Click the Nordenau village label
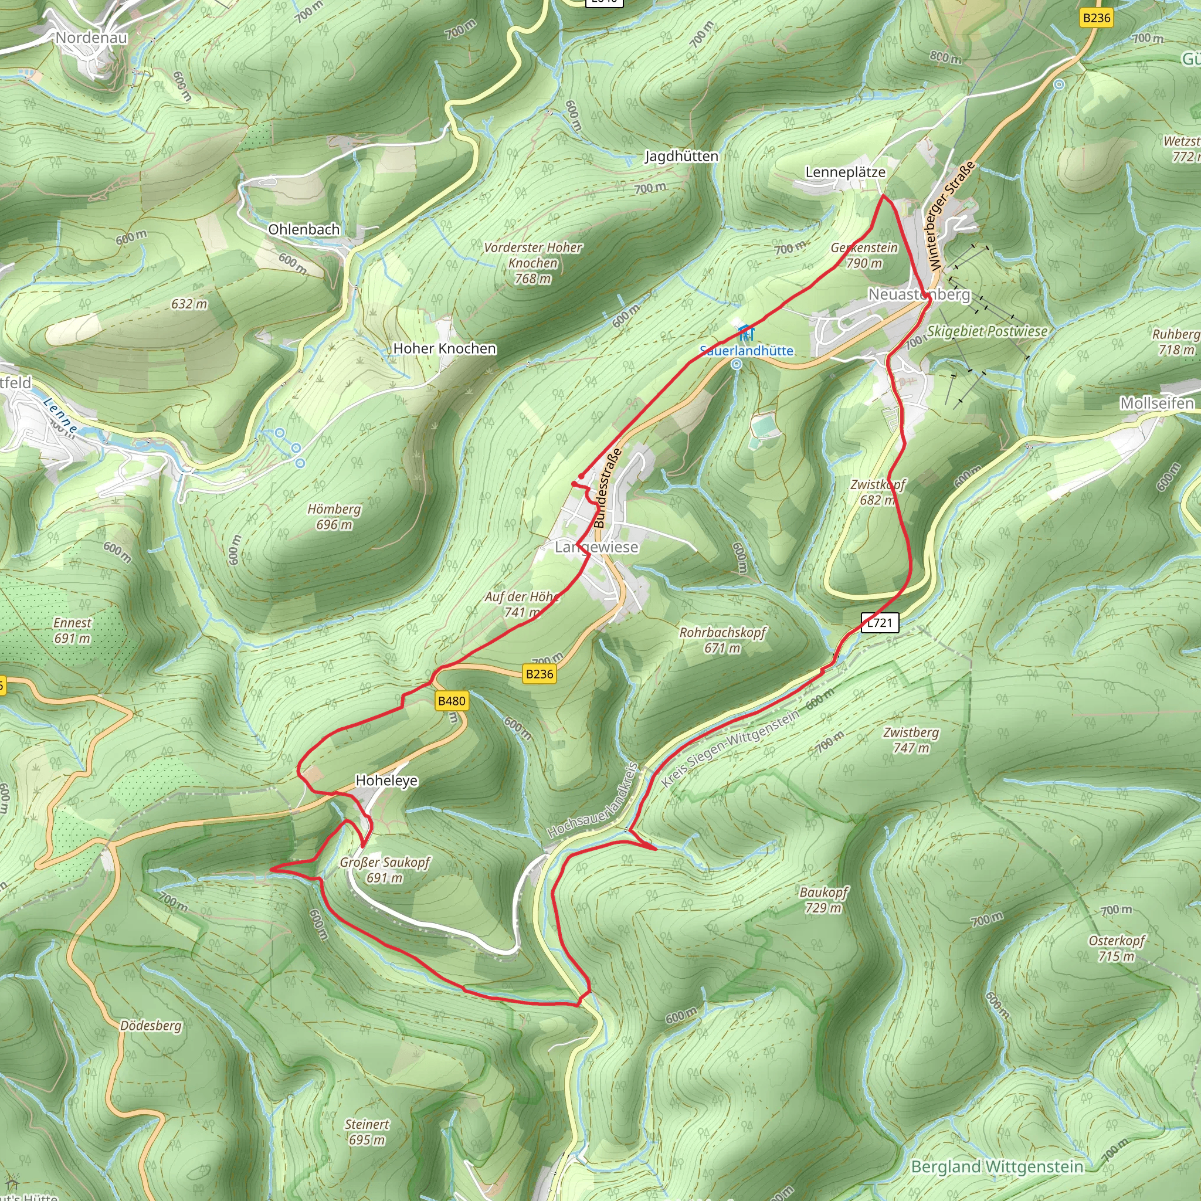91,38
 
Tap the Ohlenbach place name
304,229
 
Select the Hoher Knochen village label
445,349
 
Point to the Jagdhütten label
681,156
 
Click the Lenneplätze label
846,172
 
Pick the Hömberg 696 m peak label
334,517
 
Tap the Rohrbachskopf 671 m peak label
722,640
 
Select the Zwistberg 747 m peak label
911,739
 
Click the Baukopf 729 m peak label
824,900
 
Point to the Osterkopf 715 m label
1117,948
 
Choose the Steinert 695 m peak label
367,1132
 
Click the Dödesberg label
151,1026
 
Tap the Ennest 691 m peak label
72,630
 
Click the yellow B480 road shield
452,701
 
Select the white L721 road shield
880,623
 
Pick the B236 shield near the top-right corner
1097,18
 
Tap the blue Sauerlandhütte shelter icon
745,332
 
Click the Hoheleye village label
386,781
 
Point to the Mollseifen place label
1157,403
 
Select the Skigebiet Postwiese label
986,331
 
